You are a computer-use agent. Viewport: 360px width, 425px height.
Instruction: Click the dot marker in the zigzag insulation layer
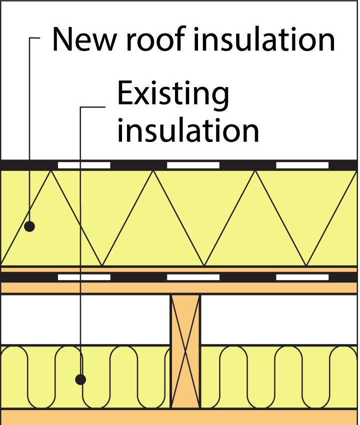tap(29, 226)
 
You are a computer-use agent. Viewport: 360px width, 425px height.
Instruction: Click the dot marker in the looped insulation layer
tap(80, 379)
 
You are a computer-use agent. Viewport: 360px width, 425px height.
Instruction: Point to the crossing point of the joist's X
tap(185, 351)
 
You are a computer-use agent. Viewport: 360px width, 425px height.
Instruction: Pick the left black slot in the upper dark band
tap(84, 165)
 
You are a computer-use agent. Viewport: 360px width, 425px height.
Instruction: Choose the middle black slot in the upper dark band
tap(193, 165)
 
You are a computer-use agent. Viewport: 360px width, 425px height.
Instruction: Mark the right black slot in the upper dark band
tap(302, 165)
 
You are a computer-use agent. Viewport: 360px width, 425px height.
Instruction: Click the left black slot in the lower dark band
tap(84, 277)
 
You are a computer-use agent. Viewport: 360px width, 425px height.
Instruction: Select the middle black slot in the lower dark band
tap(193, 277)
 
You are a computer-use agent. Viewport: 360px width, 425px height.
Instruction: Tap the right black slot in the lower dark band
tap(302, 277)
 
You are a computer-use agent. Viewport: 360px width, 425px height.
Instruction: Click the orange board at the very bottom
tap(180, 417)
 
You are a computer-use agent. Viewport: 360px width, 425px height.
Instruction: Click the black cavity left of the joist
tap(85, 320)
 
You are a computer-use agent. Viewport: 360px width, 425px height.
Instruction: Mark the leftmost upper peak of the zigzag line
tap(51, 171)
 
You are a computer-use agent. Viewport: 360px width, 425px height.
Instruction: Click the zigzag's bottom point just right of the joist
tap(204, 265)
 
